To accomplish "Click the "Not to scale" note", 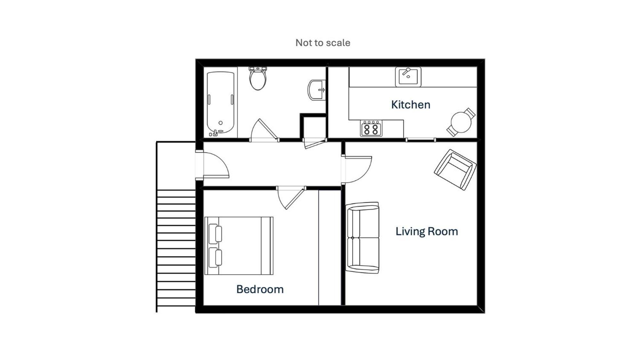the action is (323, 43).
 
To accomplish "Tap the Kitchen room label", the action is (411, 105).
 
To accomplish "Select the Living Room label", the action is (427, 231).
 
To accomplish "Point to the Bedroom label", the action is (260, 289).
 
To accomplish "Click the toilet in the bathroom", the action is (258, 78).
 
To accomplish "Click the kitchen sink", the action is (408, 77).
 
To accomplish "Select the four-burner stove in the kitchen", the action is (371, 128).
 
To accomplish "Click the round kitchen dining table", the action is (461, 122).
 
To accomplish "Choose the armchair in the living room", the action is (455, 170).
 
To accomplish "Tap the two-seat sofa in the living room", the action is (362, 238).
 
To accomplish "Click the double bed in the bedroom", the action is (239, 246).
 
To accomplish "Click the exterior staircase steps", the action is (176, 248).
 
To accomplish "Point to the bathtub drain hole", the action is (220, 123).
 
